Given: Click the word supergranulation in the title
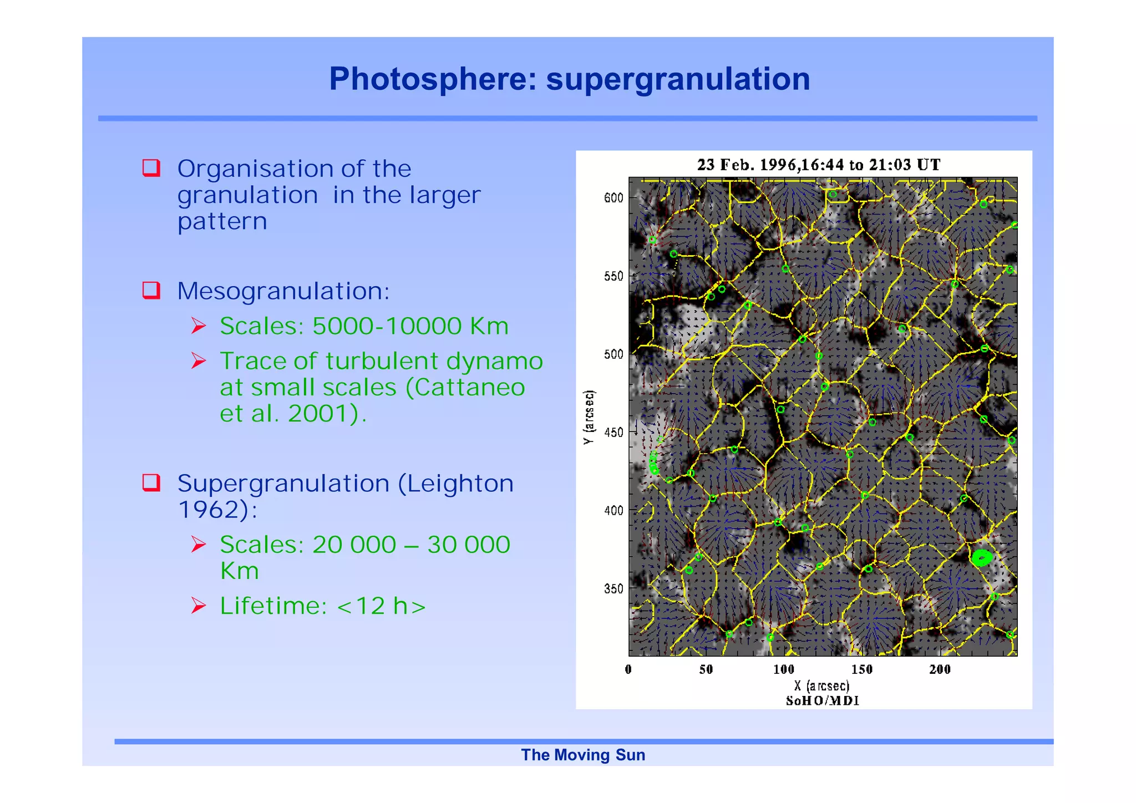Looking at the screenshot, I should pyautogui.click(x=678, y=79).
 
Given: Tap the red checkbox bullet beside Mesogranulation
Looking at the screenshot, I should pyautogui.click(x=151, y=290).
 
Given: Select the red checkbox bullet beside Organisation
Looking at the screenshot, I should pyautogui.click(x=151, y=167).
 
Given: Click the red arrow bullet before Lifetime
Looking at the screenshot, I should pyautogui.click(x=199, y=605).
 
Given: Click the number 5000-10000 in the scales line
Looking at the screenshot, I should pyautogui.click(x=387, y=326).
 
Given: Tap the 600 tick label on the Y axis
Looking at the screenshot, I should pyautogui.click(x=613, y=198).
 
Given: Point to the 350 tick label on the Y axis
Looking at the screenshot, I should pyautogui.click(x=613, y=588).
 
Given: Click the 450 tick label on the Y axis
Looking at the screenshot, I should pyautogui.click(x=613, y=432).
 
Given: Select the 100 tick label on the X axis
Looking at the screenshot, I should pyautogui.click(x=784, y=669).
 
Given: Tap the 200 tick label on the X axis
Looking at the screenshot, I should pyautogui.click(x=940, y=669).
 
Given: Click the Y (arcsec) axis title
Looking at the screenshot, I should pyautogui.click(x=589, y=417).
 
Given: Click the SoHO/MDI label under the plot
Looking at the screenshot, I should pyautogui.click(x=823, y=700).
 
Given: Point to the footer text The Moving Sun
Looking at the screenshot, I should pyautogui.click(x=583, y=755).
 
